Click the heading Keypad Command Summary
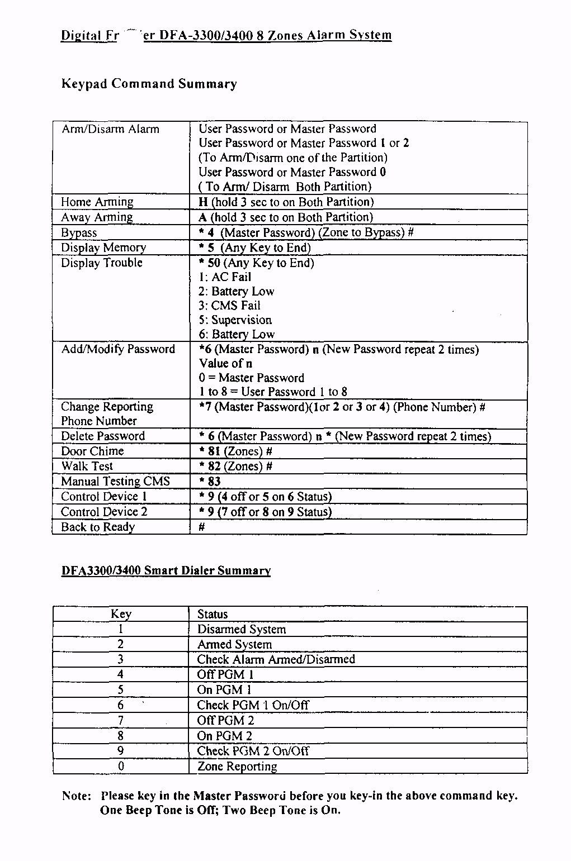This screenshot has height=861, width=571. point(149,84)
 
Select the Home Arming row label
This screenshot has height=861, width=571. point(97,202)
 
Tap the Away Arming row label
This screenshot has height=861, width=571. point(97,217)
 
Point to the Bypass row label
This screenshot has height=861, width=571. point(79,232)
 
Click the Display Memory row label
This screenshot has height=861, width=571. point(103,248)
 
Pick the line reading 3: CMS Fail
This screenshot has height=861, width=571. point(229,306)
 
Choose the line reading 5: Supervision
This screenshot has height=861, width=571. point(235,320)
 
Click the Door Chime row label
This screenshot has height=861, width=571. point(92,451)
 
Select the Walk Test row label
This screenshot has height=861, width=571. point(87,466)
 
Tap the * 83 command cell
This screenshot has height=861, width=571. point(210,482)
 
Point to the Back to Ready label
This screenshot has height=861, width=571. point(98,527)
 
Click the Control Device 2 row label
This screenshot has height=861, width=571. point(104,512)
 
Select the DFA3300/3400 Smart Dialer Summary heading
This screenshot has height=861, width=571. point(166,570)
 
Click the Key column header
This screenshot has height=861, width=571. point(121,614)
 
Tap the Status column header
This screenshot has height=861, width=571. point(213,614)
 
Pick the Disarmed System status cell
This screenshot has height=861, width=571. point(242,629)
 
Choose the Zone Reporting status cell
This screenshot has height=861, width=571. point(237,767)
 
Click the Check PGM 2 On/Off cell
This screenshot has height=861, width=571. point(253,751)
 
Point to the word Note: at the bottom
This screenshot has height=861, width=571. point(77,796)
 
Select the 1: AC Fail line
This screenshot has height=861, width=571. point(225,277)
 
